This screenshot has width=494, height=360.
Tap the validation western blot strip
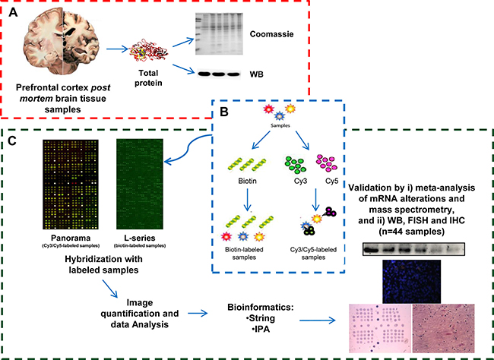pos(414,249)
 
